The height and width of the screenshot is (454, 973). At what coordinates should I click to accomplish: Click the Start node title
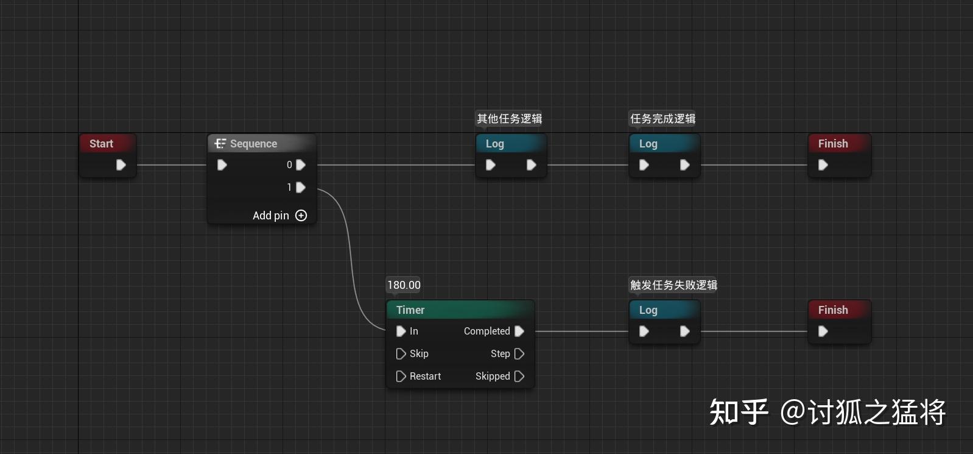[x=102, y=144]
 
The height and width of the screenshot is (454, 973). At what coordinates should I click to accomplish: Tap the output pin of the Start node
[x=121, y=165]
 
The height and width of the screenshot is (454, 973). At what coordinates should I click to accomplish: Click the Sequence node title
[x=253, y=144]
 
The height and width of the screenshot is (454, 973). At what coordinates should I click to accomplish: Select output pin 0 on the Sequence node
[x=300, y=165]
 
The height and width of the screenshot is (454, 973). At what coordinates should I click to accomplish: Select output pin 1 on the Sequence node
[x=300, y=188]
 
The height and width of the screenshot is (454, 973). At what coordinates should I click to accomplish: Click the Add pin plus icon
[x=301, y=216]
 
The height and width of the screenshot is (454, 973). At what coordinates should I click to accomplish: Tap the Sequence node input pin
[x=222, y=165]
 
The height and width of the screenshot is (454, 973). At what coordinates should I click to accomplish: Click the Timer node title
[x=410, y=310]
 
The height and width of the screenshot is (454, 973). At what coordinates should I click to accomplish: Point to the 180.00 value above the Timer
[x=404, y=285]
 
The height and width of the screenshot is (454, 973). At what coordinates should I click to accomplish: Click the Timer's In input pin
[x=401, y=332]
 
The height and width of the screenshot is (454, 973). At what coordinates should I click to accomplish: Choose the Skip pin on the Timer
[x=401, y=354]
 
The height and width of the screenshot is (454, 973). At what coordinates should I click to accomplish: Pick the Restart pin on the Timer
[x=401, y=377]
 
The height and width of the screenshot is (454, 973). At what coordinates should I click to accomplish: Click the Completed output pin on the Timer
[x=519, y=332]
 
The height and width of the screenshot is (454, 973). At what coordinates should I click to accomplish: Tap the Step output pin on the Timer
[x=519, y=354]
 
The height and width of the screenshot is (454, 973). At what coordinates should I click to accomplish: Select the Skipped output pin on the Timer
[x=519, y=377]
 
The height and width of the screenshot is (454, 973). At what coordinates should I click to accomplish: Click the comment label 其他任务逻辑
[x=509, y=119]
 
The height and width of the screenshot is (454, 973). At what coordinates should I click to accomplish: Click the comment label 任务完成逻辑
[x=662, y=119]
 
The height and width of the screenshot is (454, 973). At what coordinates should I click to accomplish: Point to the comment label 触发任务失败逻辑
[x=673, y=285]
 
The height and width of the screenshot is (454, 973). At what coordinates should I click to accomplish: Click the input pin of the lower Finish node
[x=823, y=332]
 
